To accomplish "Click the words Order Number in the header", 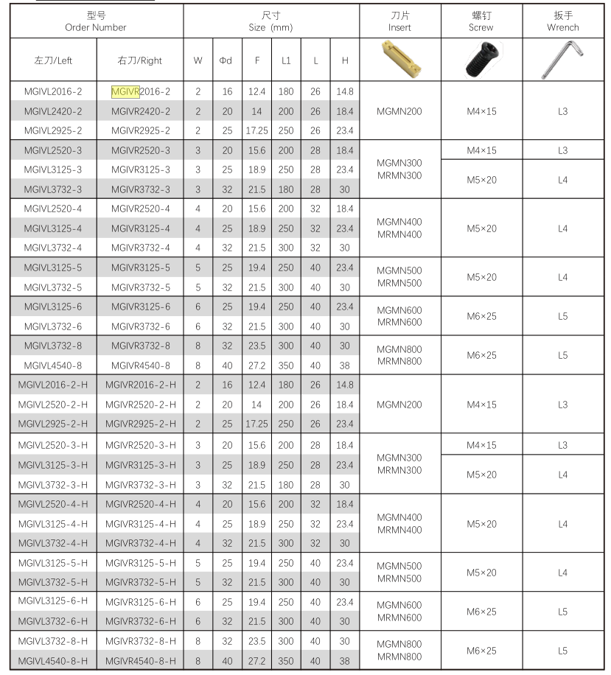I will pyautogui.click(x=96, y=27).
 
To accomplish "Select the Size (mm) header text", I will pyautogui.click(x=271, y=27).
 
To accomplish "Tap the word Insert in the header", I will pyautogui.click(x=399, y=27).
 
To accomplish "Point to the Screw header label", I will pyautogui.click(x=481, y=27).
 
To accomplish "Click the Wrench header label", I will pyautogui.click(x=562, y=27).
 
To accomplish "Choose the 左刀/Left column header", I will pyautogui.click(x=53, y=60).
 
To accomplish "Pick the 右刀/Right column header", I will pyautogui.click(x=140, y=60).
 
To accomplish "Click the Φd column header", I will pyautogui.click(x=226, y=60).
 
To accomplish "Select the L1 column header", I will pyautogui.click(x=286, y=60).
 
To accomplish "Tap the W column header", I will pyautogui.click(x=198, y=60).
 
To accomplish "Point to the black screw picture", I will pyautogui.click(x=481, y=59).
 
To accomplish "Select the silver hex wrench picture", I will pyautogui.click(x=562, y=59).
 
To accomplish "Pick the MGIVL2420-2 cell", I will pyautogui.click(x=53, y=111).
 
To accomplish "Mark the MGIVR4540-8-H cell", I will pyautogui.click(x=140, y=660).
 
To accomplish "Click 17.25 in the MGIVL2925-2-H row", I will pyautogui.click(x=256, y=424).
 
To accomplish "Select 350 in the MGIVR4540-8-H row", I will pyautogui.click(x=286, y=660).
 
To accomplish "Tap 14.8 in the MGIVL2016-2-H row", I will pyautogui.click(x=344, y=385).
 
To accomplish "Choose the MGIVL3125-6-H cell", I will pyautogui.click(x=53, y=601).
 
